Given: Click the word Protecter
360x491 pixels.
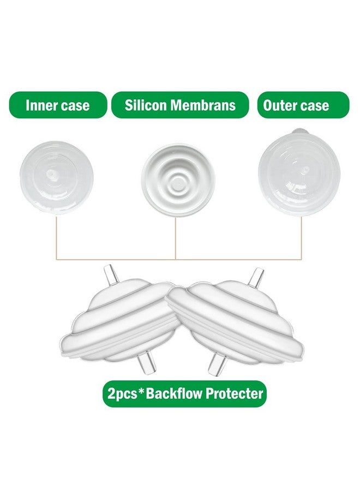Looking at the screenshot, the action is pyautogui.click(x=234, y=393).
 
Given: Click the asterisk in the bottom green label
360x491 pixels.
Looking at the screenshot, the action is pyautogui.click(x=141, y=391).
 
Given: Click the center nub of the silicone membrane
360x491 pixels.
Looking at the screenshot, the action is pyautogui.click(x=178, y=180).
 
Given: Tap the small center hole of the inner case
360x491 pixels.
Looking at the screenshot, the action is pyautogui.click(x=50, y=173).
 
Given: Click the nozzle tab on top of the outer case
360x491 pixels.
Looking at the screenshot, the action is pyautogui.click(x=301, y=131).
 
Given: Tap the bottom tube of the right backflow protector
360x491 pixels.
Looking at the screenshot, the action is pyautogui.click(x=218, y=366).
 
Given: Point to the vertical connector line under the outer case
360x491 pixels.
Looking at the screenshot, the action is pyautogui.click(x=301, y=237).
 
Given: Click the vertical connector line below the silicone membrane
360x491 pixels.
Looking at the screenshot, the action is pyautogui.click(x=176, y=238).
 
